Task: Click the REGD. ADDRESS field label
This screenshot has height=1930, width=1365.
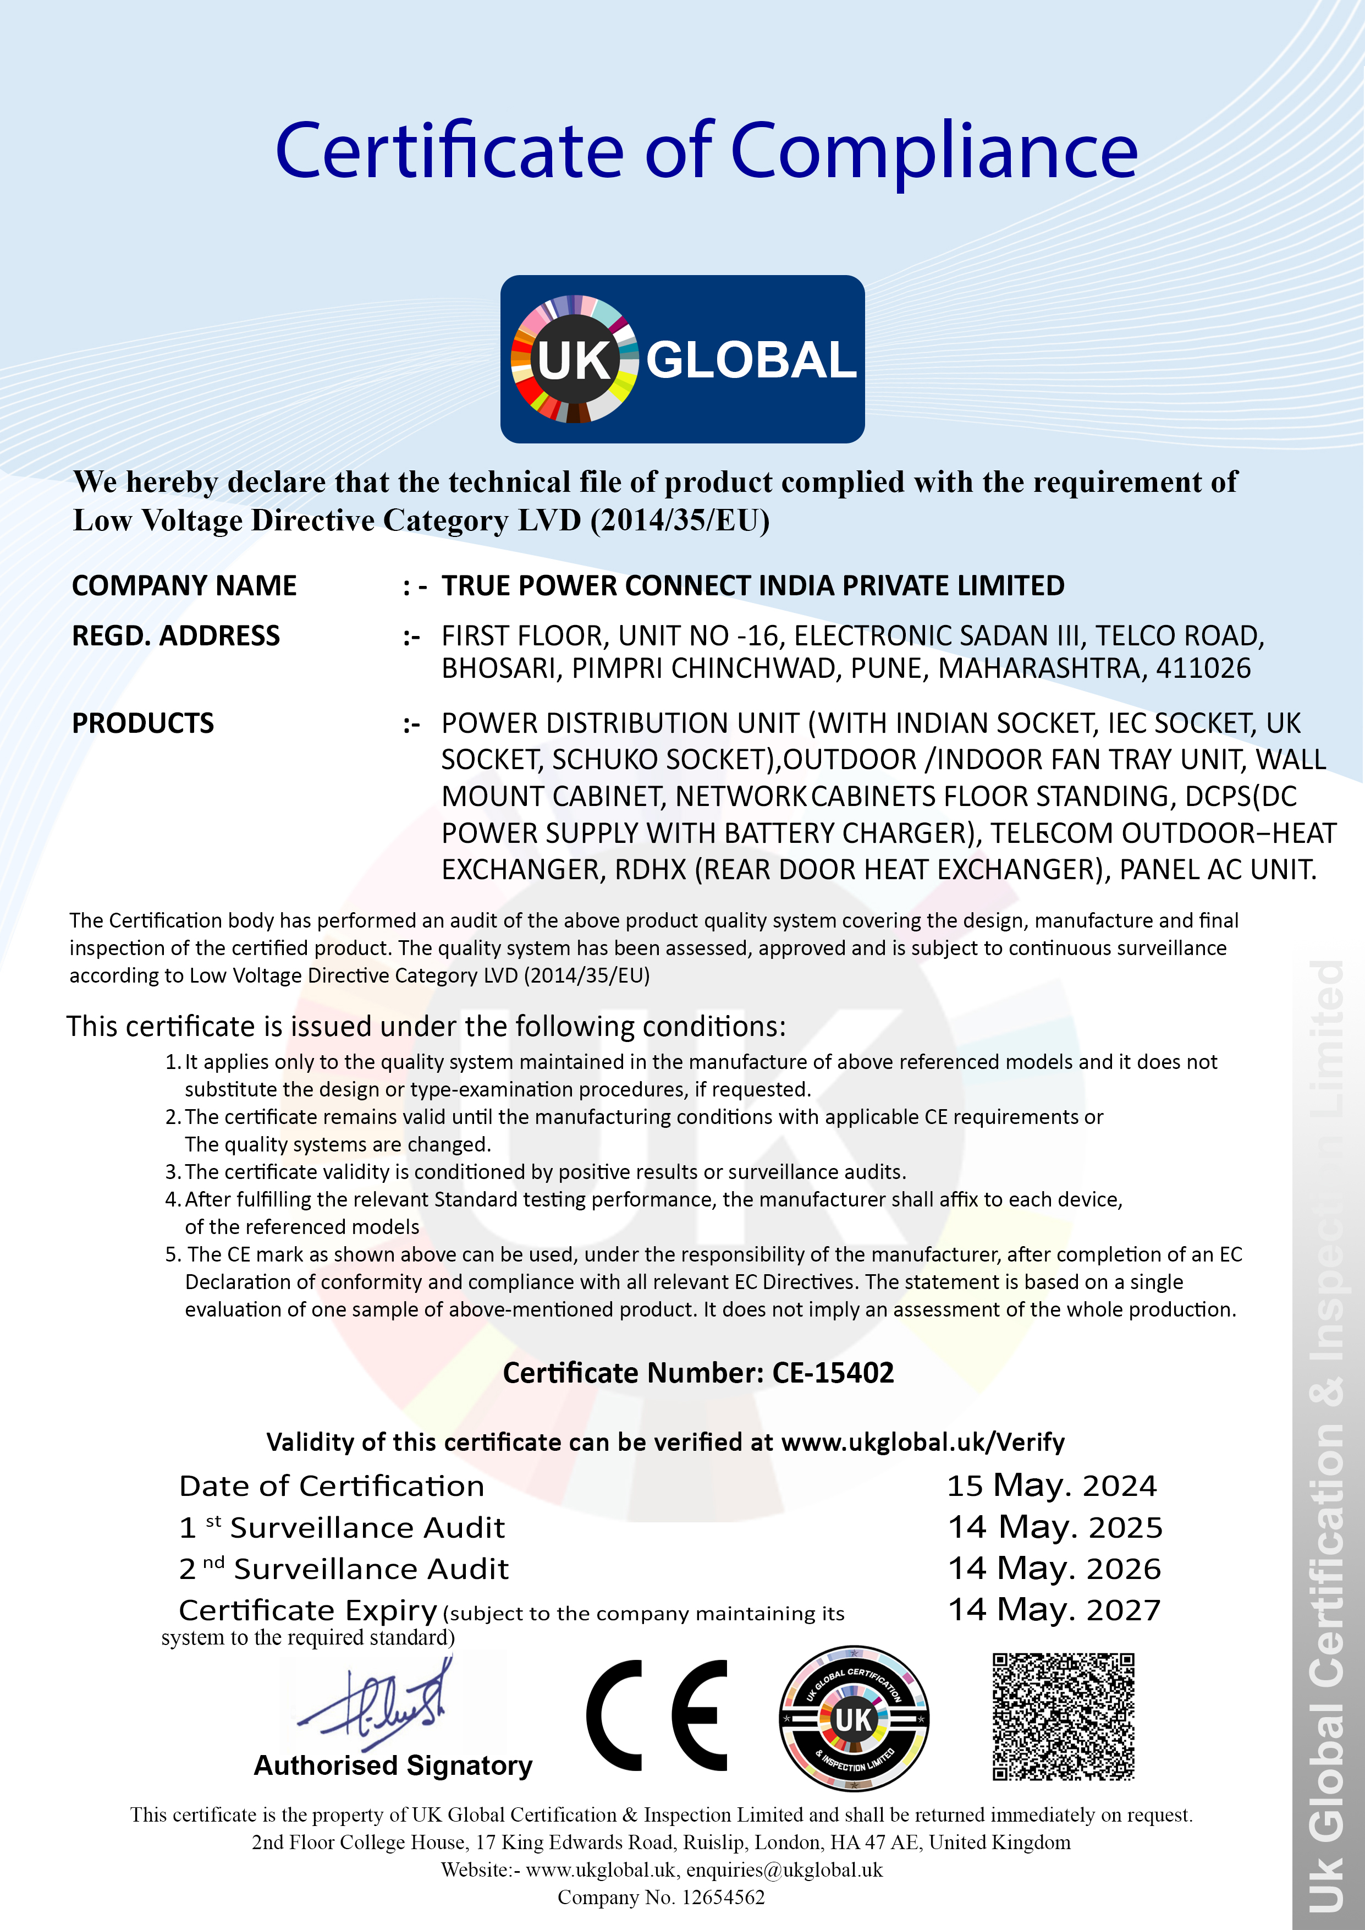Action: (x=175, y=635)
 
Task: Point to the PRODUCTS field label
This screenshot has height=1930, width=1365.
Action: (x=143, y=723)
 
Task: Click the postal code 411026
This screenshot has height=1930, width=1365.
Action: (x=1203, y=668)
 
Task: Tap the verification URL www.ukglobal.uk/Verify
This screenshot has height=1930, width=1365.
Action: (x=922, y=1443)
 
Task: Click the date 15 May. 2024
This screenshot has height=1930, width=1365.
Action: (x=1052, y=1486)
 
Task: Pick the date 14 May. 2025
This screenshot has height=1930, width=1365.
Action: (x=1055, y=1527)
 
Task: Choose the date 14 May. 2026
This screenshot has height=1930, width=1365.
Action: (x=1054, y=1569)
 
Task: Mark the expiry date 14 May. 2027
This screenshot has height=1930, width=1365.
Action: (x=1054, y=1610)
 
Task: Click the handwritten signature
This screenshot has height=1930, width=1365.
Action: (x=378, y=1707)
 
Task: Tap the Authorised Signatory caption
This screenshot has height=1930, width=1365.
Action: (x=393, y=1765)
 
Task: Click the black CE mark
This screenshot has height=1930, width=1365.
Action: (x=657, y=1715)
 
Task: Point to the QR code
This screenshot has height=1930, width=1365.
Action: (x=1063, y=1717)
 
